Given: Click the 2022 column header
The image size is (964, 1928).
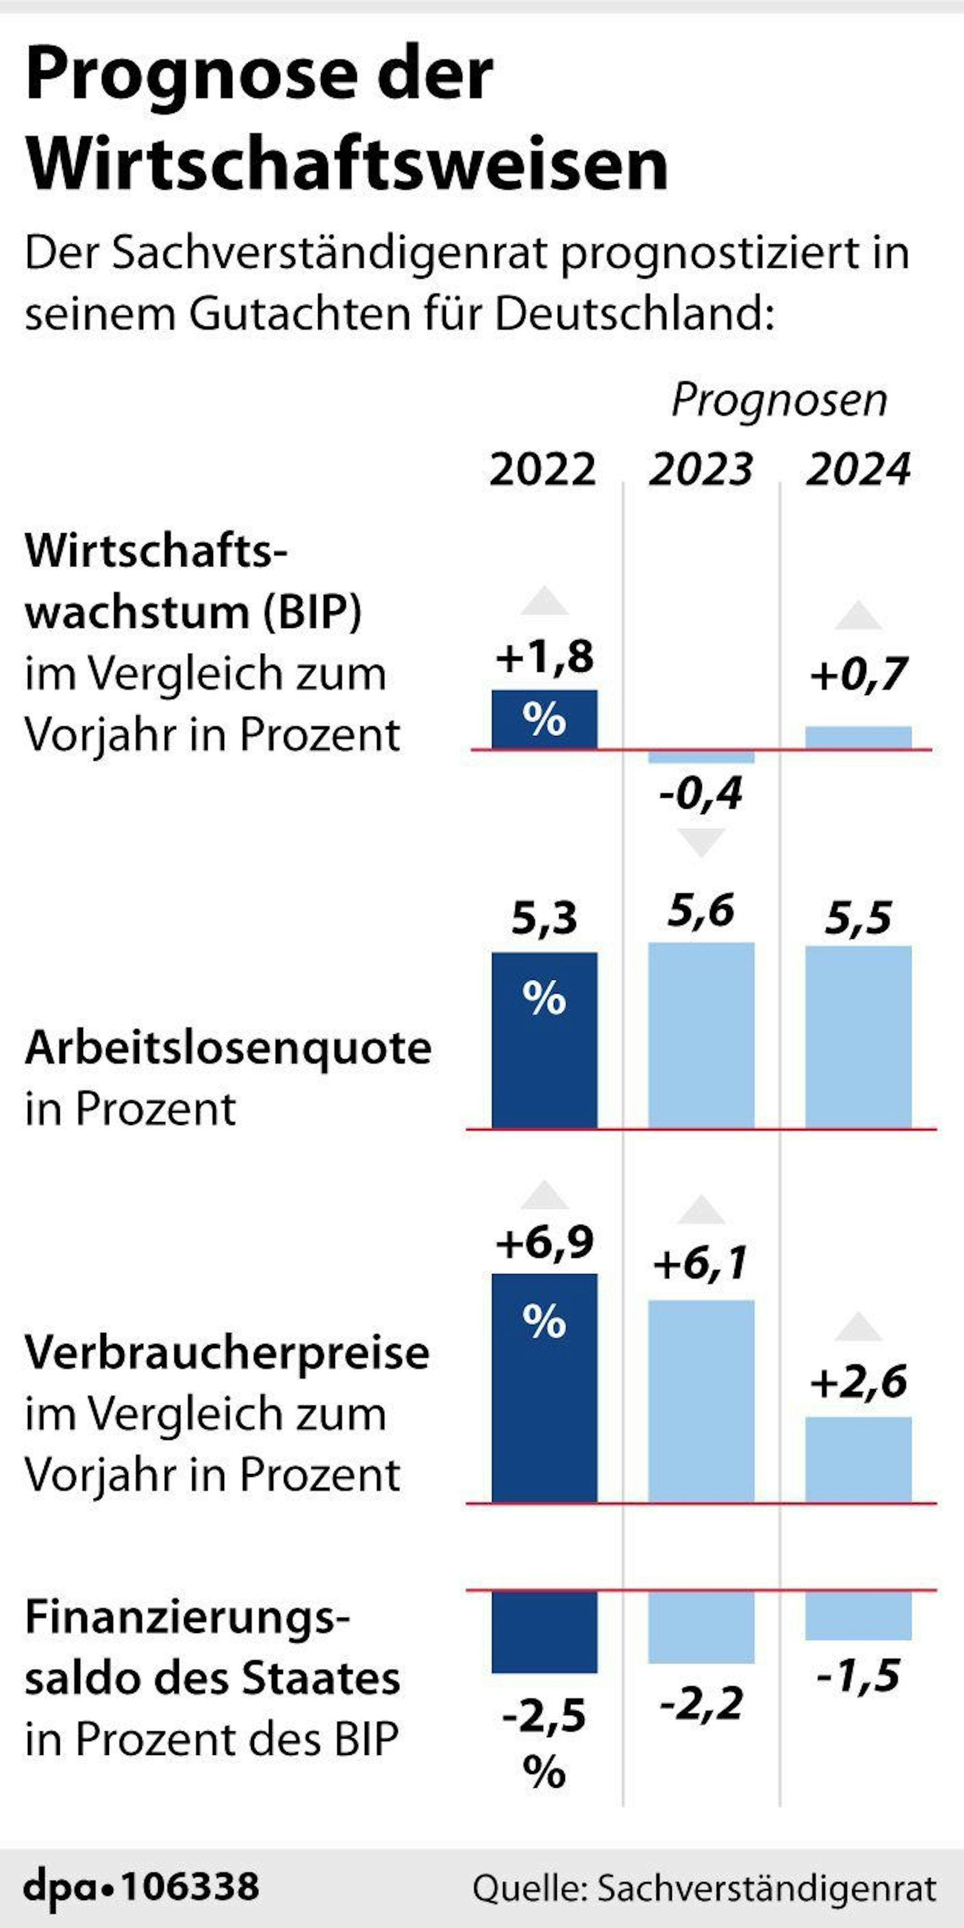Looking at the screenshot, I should coord(543,470).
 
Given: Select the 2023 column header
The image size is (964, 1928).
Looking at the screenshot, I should coord(700,470).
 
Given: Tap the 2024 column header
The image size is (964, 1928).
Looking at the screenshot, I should coord(858,470).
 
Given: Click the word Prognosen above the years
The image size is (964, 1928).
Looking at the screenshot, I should coord(779,401).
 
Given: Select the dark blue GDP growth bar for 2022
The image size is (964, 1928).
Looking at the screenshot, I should coord(544,719).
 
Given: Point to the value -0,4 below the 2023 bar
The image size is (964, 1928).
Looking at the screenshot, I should coord(700,793).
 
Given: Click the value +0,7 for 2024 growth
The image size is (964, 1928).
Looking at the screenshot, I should coord(858,674).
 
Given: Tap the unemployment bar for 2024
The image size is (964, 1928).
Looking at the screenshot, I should coord(858,1037).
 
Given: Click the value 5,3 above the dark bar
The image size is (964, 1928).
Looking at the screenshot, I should coord(544,918).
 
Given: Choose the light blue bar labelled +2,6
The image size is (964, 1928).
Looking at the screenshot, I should coord(858,1459).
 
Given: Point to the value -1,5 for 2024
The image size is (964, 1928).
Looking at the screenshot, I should coord(858,1676).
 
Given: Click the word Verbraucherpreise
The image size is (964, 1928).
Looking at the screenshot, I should coord(227,1353).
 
